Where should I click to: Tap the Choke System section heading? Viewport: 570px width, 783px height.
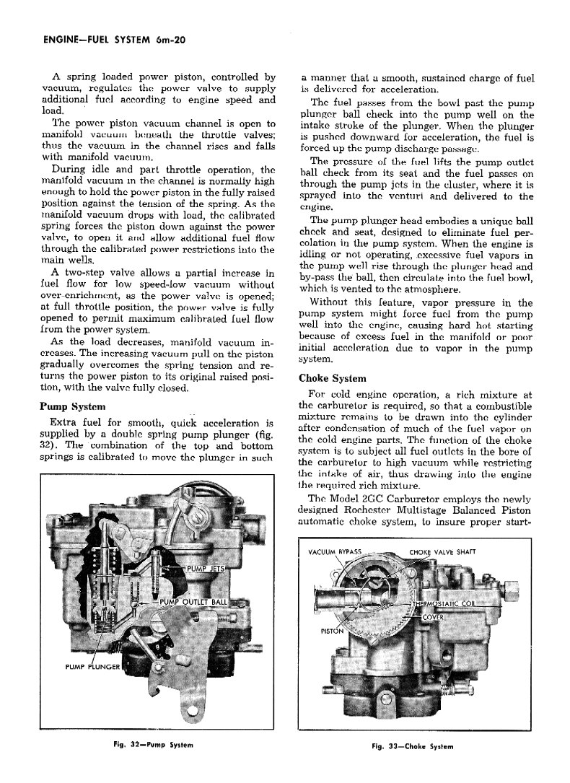[x=333, y=378]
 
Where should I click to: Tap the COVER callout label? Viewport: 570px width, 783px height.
[x=432, y=618]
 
